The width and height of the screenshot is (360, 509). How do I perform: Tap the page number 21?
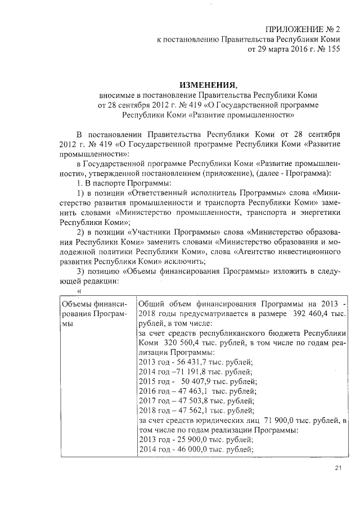338,469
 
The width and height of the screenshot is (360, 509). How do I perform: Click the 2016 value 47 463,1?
193,391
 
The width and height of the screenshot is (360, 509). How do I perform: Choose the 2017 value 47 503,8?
192,401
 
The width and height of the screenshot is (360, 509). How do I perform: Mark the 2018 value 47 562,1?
192,411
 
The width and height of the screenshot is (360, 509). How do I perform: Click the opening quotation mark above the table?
80,291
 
